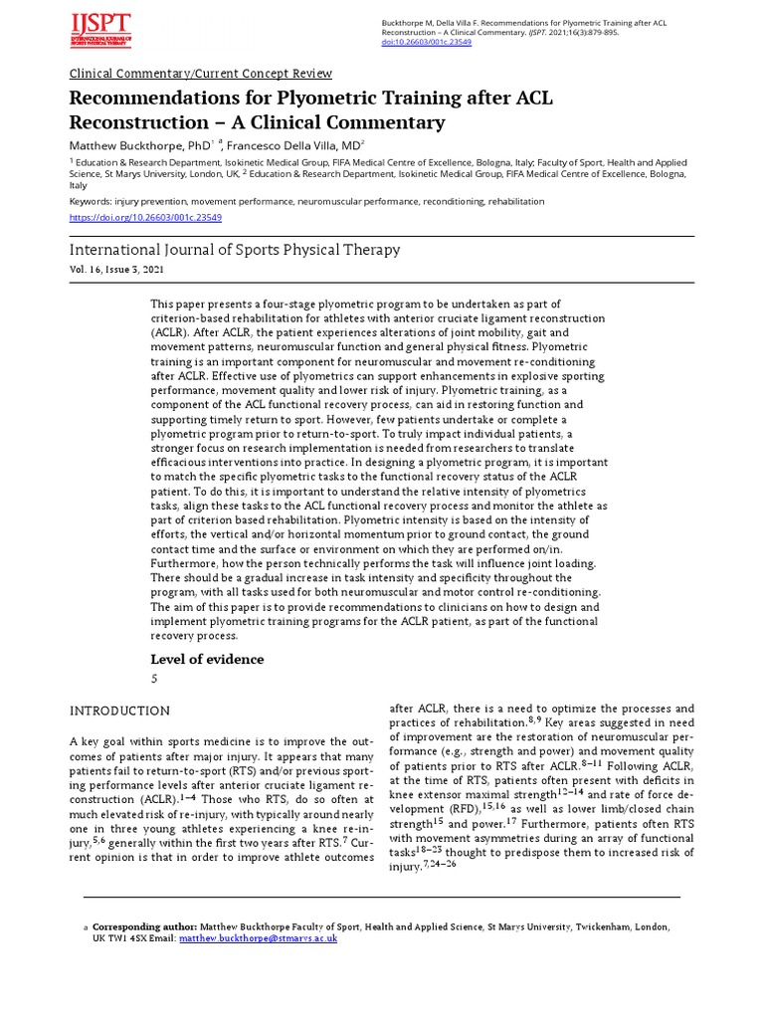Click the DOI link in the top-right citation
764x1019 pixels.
pos(427,43)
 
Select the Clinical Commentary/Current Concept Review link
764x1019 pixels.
pos(200,74)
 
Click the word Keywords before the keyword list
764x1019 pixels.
pos(90,201)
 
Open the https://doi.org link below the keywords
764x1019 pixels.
pos(145,217)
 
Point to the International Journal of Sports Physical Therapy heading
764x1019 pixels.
pos(235,250)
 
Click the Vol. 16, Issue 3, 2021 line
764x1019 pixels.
pos(116,271)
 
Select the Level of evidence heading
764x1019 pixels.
pos(207,659)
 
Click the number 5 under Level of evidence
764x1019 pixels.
pos(154,679)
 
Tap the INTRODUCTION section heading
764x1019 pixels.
pos(119,711)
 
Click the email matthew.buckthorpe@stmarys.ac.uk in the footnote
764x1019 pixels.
pos(258,937)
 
